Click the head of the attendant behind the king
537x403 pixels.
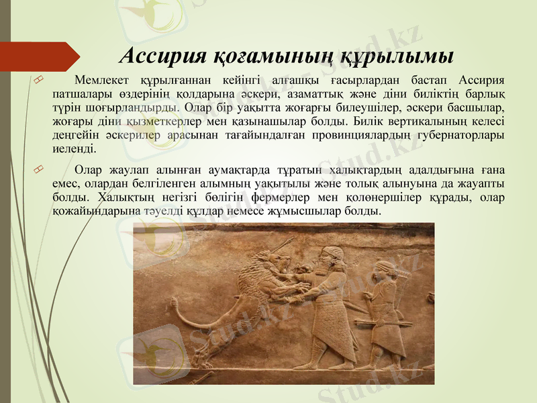[x=383, y=269]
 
